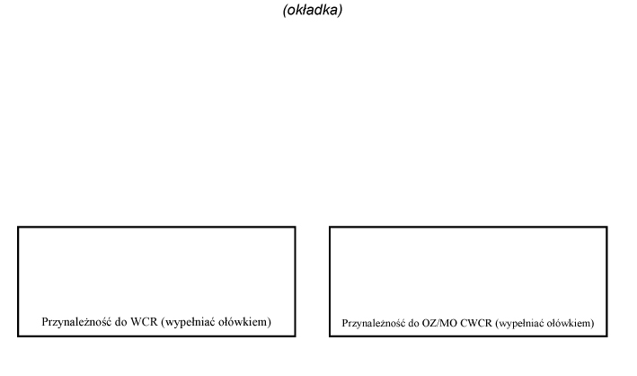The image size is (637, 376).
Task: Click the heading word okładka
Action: [x=313, y=10]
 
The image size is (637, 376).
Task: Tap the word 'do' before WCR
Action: [x=120, y=322]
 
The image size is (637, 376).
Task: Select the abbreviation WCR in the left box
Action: [x=144, y=322]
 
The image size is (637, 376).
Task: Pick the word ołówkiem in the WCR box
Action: [x=244, y=322]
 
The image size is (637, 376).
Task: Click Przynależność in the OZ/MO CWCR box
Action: [x=374, y=323]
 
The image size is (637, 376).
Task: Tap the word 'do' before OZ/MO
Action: [x=414, y=323]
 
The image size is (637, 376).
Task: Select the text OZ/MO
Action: [x=439, y=323]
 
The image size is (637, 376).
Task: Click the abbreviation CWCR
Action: [x=475, y=323]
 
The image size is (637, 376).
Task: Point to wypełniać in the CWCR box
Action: [x=519, y=324]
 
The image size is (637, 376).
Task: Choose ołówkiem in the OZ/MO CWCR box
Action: [x=571, y=324]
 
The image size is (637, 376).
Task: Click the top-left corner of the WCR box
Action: [x=18, y=228]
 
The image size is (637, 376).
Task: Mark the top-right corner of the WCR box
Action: [x=295, y=228]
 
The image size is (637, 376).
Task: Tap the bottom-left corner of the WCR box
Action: [x=18, y=336]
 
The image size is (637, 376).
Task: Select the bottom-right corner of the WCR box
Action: [x=295, y=336]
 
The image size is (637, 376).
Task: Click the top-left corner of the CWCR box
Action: [x=330, y=228]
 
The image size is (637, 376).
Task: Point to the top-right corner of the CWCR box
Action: [x=607, y=228]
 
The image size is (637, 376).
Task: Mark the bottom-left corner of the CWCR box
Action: [x=330, y=336]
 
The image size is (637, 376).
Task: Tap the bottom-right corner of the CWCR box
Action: [x=607, y=336]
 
